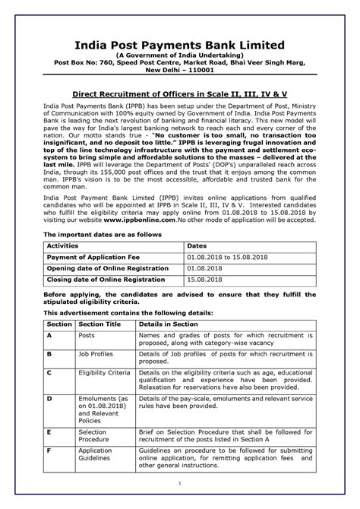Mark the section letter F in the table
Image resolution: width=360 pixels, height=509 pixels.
coord(49,451)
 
